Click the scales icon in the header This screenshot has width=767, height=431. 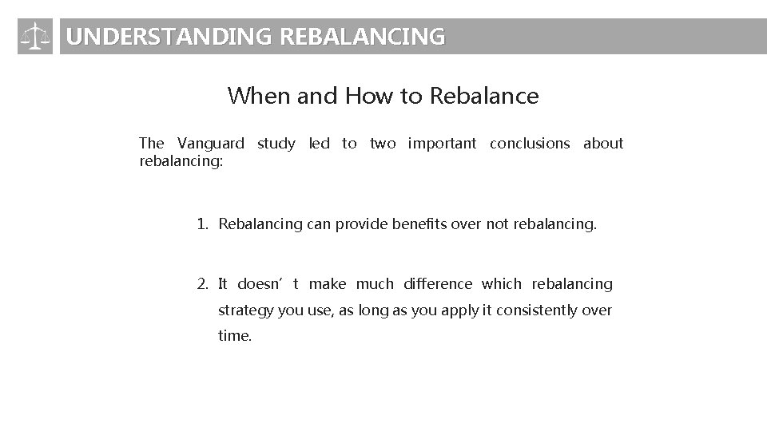pyautogui.click(x=34, y=37)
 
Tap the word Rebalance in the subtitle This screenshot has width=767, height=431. pyautogui.click(x=484, y=97)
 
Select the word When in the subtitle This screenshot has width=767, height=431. pyautogui.click(x=259, y=97)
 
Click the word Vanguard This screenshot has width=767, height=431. pyautogui.click(x=211, y=144)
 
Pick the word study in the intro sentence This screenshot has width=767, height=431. pyautogui.click(x=276, y=144)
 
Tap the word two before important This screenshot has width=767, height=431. pyautogui.click(x=382, y=144)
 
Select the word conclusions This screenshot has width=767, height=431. pyautogui.click(x=530, y=144)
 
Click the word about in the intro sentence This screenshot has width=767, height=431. pyautogui.click(x=603, y=144)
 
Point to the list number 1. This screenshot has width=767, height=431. pyautogui.click(x=203, y=225)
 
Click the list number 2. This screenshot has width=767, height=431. pyautogui.click(x=203, y=284)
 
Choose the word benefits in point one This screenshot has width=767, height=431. pyautogui.click(x=419, y=225)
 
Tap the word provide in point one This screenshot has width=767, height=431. pyautogui.click(x=360, y=225)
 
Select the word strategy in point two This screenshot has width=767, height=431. pyautogui.click(x=245, y=310)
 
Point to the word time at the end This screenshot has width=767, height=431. pyautogui.click(x=235, y=336)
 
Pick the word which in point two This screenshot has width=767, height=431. pyautogui.click(x=502, y=284)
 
